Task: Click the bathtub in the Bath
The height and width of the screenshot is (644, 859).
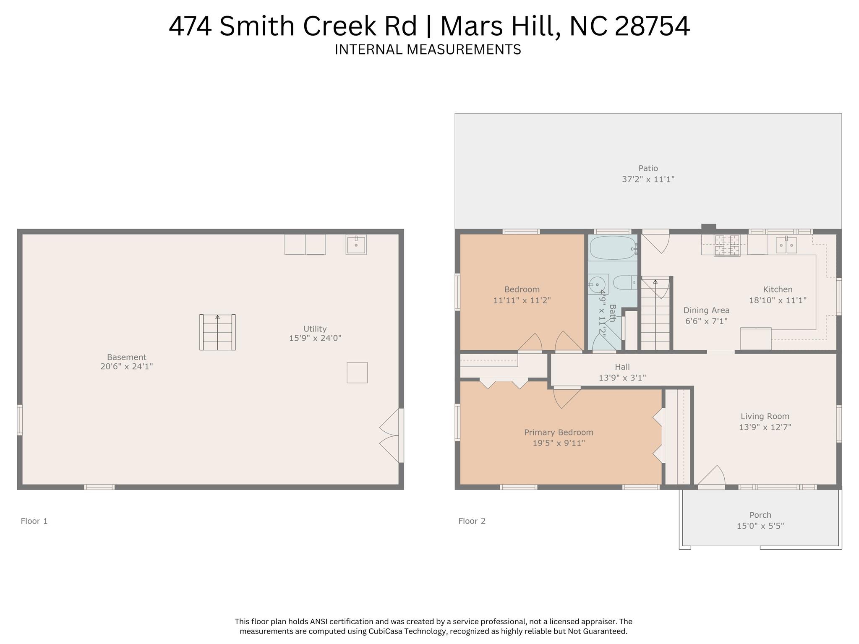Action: click(612, 248)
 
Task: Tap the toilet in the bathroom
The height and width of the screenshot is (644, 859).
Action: click(625, 283)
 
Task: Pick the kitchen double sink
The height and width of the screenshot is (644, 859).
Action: click(786, 245)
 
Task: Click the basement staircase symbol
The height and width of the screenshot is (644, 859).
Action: click(217, 332)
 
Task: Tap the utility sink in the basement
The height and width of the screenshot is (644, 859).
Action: click(356, 245)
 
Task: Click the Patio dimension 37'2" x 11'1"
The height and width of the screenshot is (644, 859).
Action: click(648, 179)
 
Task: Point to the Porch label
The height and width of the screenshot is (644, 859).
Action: click(760, 515)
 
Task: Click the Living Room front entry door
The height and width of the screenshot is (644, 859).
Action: click(712, 478)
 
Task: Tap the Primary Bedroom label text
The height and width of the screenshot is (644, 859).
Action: click(559, 432)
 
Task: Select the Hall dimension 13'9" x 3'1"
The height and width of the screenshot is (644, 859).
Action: click(622, 378)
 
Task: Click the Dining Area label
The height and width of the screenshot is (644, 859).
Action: click(706, 310)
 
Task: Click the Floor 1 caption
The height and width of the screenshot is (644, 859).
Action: click(34, 521)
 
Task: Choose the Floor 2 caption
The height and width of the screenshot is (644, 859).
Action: click(472, 521)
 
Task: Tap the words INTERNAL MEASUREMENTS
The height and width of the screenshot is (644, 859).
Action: click(428, 50)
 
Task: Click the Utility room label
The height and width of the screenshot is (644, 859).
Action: click(315, 329)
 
